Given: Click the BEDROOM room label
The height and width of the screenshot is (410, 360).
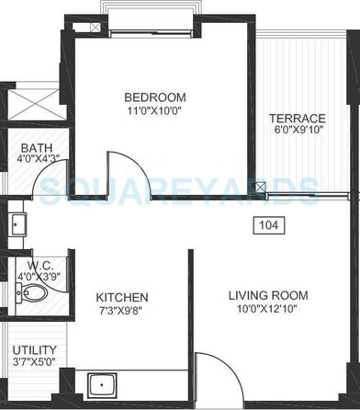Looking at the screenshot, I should pos(155,97).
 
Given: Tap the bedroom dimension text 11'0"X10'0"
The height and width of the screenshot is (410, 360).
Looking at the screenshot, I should pos(155,111).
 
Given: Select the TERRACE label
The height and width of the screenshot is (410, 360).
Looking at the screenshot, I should pos(297,119).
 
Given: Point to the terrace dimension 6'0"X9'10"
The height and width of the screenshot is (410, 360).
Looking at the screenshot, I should pos(297,132).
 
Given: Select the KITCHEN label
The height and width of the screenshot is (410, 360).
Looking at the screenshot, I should pos(122,298).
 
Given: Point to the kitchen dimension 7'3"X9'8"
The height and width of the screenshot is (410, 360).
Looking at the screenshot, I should pos(122,313).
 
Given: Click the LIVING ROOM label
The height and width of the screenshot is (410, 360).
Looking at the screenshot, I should pos(268,295).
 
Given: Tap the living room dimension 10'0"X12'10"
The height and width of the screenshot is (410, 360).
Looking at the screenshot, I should pos(268,310).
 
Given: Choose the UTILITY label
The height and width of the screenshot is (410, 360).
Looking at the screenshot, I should pos(33,350).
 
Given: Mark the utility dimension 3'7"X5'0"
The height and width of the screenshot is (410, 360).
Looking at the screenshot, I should pos(33,364).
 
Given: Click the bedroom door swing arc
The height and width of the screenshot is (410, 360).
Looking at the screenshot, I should pos(122,169).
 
